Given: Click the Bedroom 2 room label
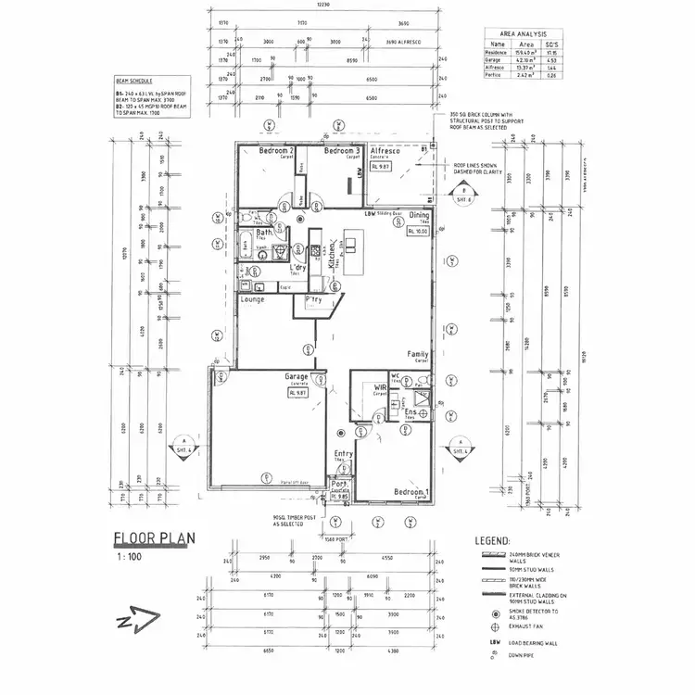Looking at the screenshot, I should point(276,151).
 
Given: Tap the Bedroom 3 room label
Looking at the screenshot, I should point(340,151).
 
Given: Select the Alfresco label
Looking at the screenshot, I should point(385,151).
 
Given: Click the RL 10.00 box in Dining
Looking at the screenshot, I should point(416,232).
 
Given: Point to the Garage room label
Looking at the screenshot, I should point(297,377).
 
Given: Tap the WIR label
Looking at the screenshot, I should point(379,386).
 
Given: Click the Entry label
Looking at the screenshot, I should point(343,453).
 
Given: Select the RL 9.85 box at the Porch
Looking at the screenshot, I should point(339,497).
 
